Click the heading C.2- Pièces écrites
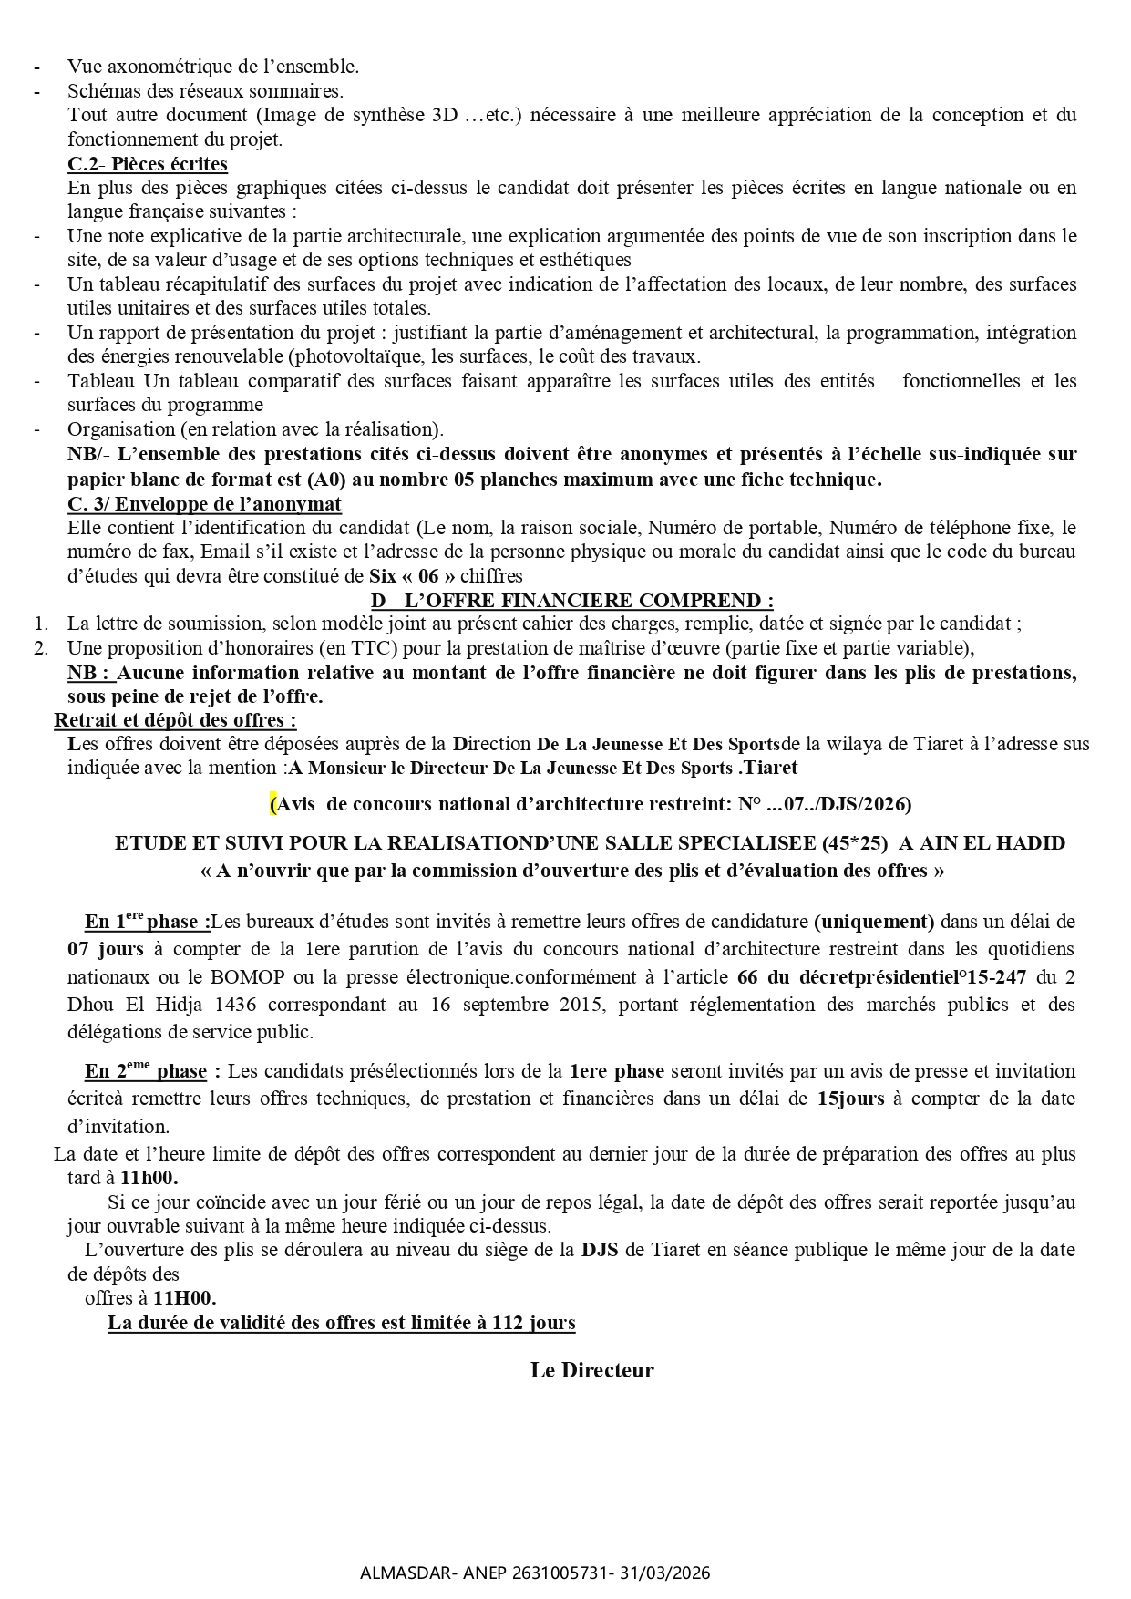click(x=148, y=164)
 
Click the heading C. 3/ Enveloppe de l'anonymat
click(x=204, y=504)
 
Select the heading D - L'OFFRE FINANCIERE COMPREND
click(x=572, y=601)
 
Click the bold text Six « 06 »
click(x=411, y=576)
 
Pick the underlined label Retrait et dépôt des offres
click(x=175, y=720)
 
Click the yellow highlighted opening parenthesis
click(x=272, y=804)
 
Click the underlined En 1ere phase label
click(x=148, y=922)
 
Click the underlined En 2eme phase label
click(x=146, y=1071)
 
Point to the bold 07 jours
click(x=105, y=949)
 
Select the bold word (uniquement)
click(x=874, y=922)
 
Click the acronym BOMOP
click(x=249, y=977)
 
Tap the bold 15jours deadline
click(x=849, y=1099)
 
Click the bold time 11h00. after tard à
click(x=149, y=1178)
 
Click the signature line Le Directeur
click(x=592, y=1371)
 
